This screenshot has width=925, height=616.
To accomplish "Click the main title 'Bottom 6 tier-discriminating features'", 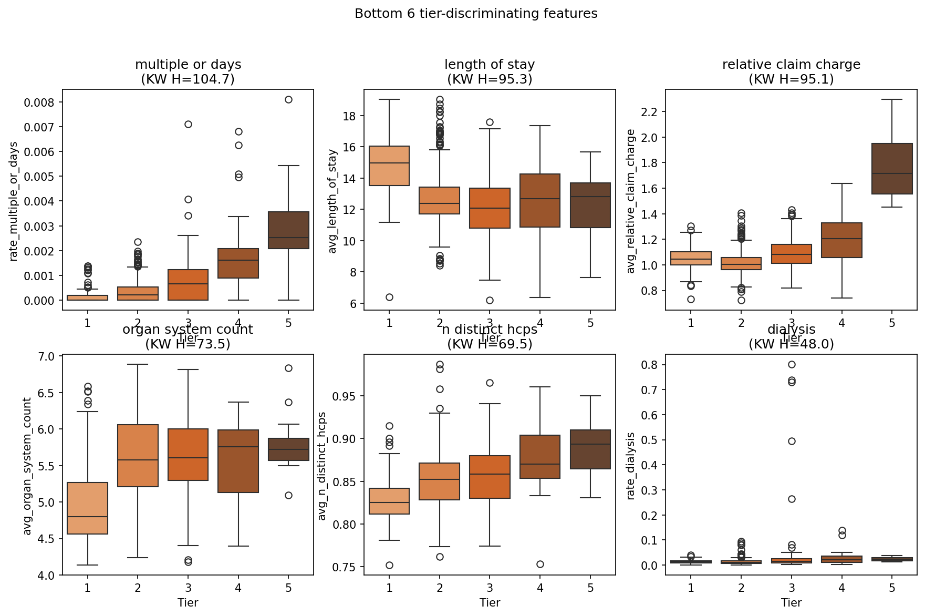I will [x=476, y=14].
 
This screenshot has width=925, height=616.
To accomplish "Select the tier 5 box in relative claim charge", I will [x=892, y=169].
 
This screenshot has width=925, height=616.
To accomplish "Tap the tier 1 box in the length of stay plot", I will [x=389, y=166].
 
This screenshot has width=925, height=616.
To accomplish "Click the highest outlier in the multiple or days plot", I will [x=288, y=100].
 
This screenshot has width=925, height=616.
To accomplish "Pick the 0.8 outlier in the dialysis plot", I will [x=792, y=365].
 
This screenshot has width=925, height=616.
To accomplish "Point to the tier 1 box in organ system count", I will [x=87, y=508].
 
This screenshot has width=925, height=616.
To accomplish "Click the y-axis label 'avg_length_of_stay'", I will [x=332, y=201].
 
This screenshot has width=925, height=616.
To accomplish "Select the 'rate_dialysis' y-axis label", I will [x=631, y=466].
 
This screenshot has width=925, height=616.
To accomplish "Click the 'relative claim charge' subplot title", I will [x=791, y=65].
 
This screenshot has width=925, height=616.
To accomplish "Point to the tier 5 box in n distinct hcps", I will [x=590, y=449].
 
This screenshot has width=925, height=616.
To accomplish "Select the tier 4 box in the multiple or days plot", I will [x=238, y=263].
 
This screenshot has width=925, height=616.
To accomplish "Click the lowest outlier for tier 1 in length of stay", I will [x=389, y=297].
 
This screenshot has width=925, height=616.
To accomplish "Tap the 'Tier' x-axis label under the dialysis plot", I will [x=791, y=602].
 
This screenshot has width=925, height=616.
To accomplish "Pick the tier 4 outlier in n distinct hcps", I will [x=540, y=564].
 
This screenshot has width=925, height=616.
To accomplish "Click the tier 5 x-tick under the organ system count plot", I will [x=288, y=588].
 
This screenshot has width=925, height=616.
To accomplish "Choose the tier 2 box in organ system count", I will [x=138, y=456].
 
